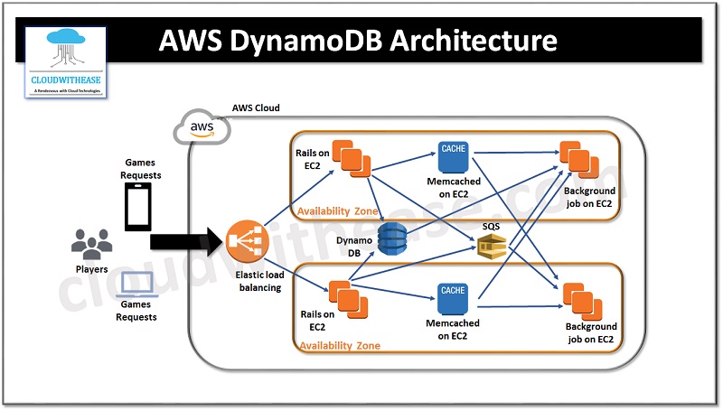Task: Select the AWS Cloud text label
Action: pyautogui.click(x=256, y=108)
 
